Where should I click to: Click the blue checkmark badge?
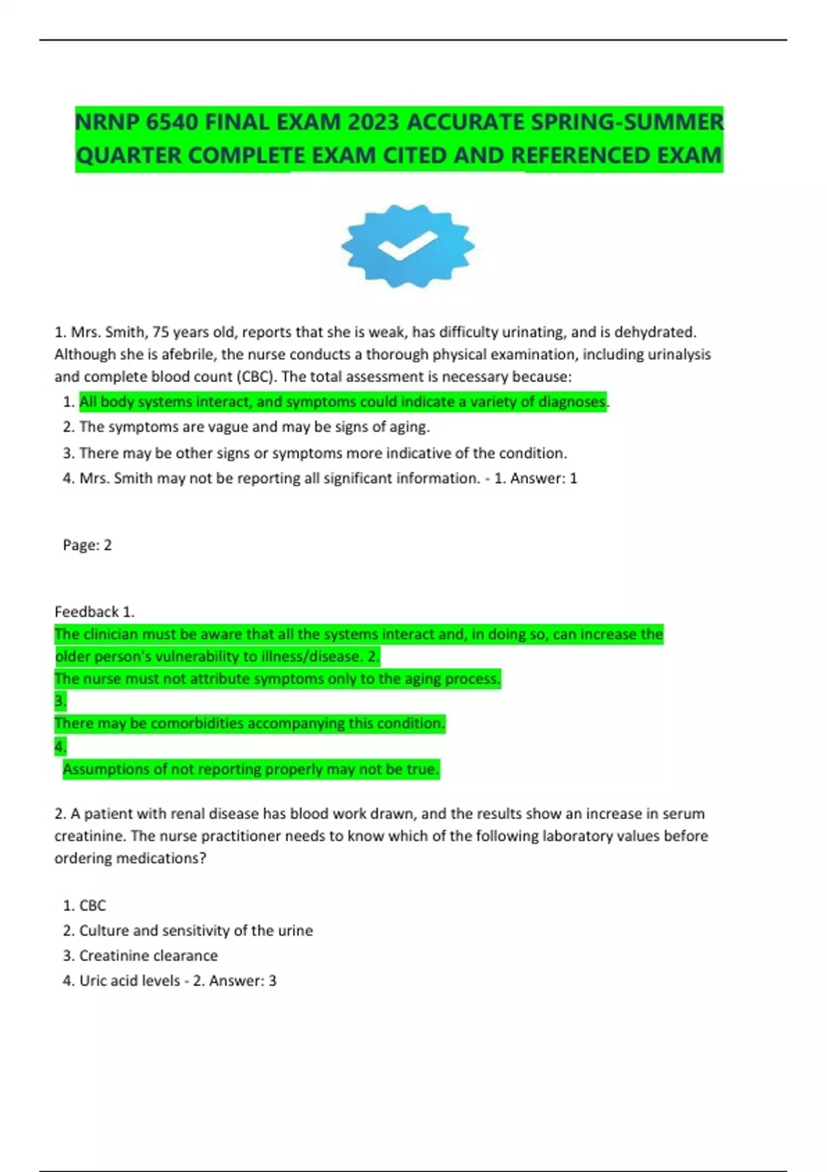pyautogui.click(x=408, y=245)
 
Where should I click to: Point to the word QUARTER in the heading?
pyautogui.click(x=129, y=156)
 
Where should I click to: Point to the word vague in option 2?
pyautogui.click(x=227, y=427)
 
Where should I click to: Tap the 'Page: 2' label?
pyautogui.click(x=87, y=545)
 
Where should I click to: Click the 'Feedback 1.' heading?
pyautogui.click(x=94, y=612)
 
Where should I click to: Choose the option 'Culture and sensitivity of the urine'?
pyautogui.click(x=196, y=930)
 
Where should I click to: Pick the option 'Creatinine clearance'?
pyautogui.click(x=148, y=956)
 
